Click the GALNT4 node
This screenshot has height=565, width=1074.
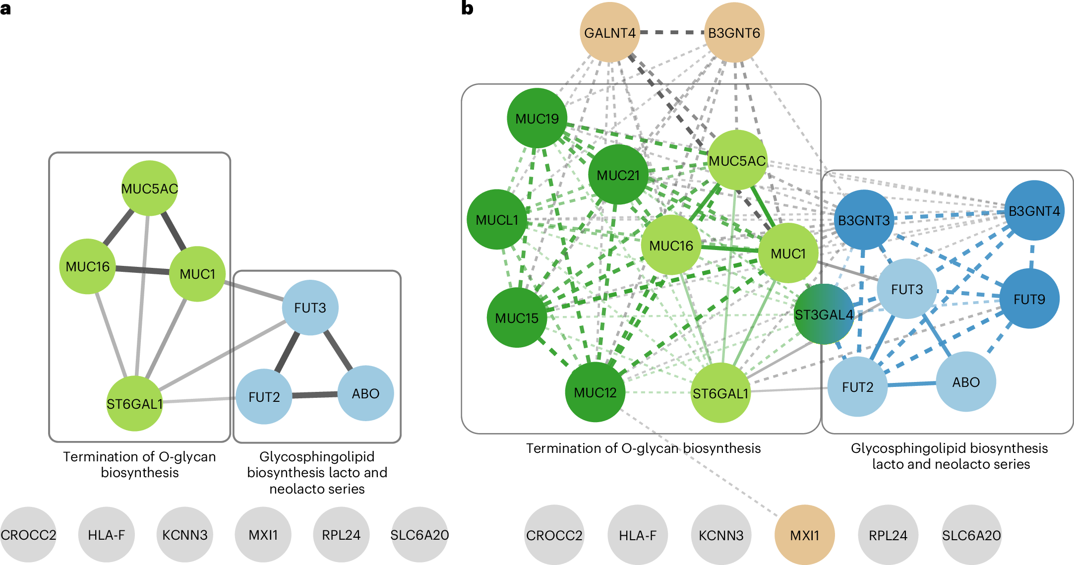(x=610, y=33)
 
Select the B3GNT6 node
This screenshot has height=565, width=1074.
(x=734, y=33)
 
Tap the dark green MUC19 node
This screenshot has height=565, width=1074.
(x=537, y=118)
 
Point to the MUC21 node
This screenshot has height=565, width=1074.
(x=618, y=175)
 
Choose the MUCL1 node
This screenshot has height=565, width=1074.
(x=497, y=219)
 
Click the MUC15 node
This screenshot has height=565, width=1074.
(x=517, y=317)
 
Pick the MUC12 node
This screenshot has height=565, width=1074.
(x=595, y=392)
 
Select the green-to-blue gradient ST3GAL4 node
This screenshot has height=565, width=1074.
(x=824, y=314)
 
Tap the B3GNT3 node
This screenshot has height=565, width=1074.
(x=864, y=220)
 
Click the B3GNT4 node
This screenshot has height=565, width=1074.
(x=1034, y=210)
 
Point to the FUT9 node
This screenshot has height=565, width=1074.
(x=1029, y=299)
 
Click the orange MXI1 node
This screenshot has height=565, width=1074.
(x=805, y=535)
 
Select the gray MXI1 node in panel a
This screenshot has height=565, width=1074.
(x=263, y=535)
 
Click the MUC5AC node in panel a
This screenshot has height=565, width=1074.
(x=150, y=188)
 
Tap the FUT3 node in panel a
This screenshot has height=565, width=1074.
(x=310, y=308)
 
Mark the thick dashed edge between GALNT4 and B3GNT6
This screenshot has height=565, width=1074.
(x=672, y=32)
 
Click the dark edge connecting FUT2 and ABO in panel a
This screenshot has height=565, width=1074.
(x=315, y=395)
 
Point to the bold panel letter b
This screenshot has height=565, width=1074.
(x=467, y=8)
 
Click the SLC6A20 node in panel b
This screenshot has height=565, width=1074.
(x=971, y=535)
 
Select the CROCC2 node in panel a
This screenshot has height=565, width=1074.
(x=28, y=535)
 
